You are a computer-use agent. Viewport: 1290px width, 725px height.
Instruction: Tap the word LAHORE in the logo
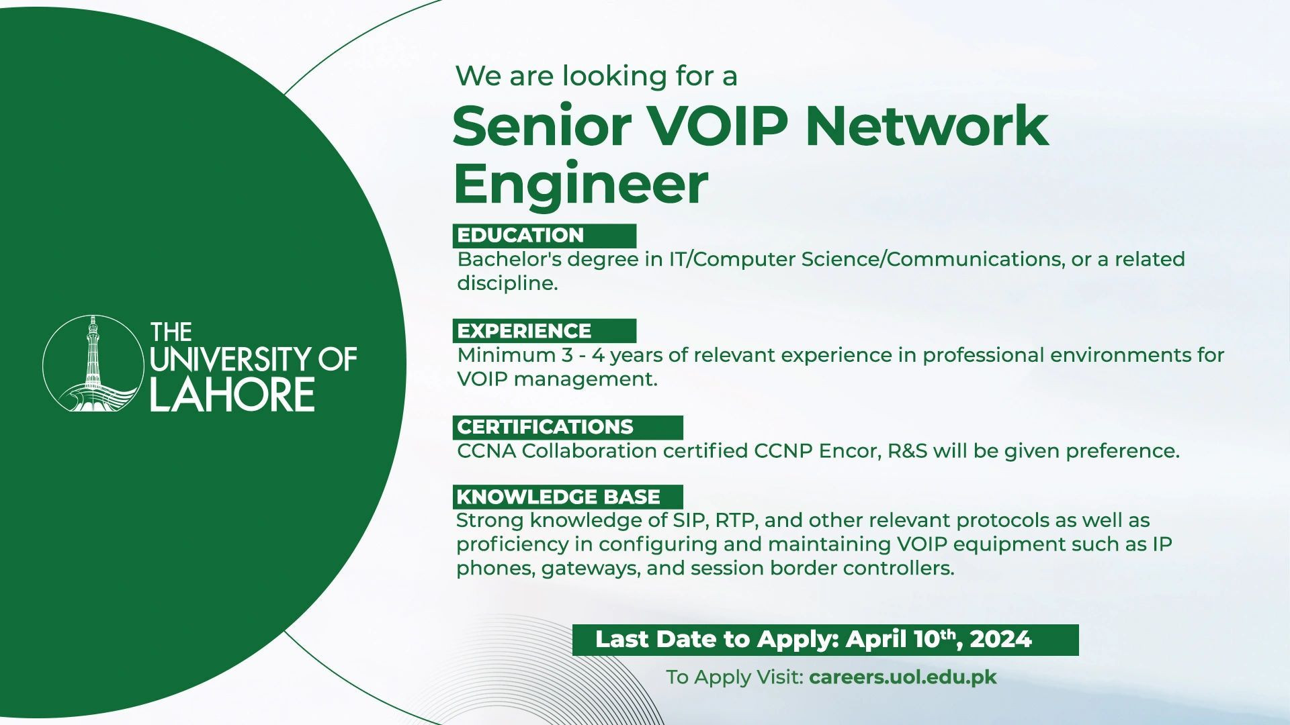pos(232,394)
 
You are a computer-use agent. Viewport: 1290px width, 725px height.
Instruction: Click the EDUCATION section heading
pos(521,236)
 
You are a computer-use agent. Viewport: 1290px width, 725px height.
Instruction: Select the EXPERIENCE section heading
pos(524,331)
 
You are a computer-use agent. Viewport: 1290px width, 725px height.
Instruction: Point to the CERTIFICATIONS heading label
pos(545,427)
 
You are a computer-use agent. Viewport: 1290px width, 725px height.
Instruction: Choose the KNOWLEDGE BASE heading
pos(558,497)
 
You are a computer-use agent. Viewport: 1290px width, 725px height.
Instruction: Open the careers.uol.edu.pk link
pos(903,677)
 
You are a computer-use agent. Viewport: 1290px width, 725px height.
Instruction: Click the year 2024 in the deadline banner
pos(1000,639)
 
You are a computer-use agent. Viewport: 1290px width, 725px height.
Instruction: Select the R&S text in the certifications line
pos(907,450)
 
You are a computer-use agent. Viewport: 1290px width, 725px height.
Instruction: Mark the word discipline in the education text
pos(507,283)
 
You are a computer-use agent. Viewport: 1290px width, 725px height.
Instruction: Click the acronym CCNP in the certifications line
pos(783,450)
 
